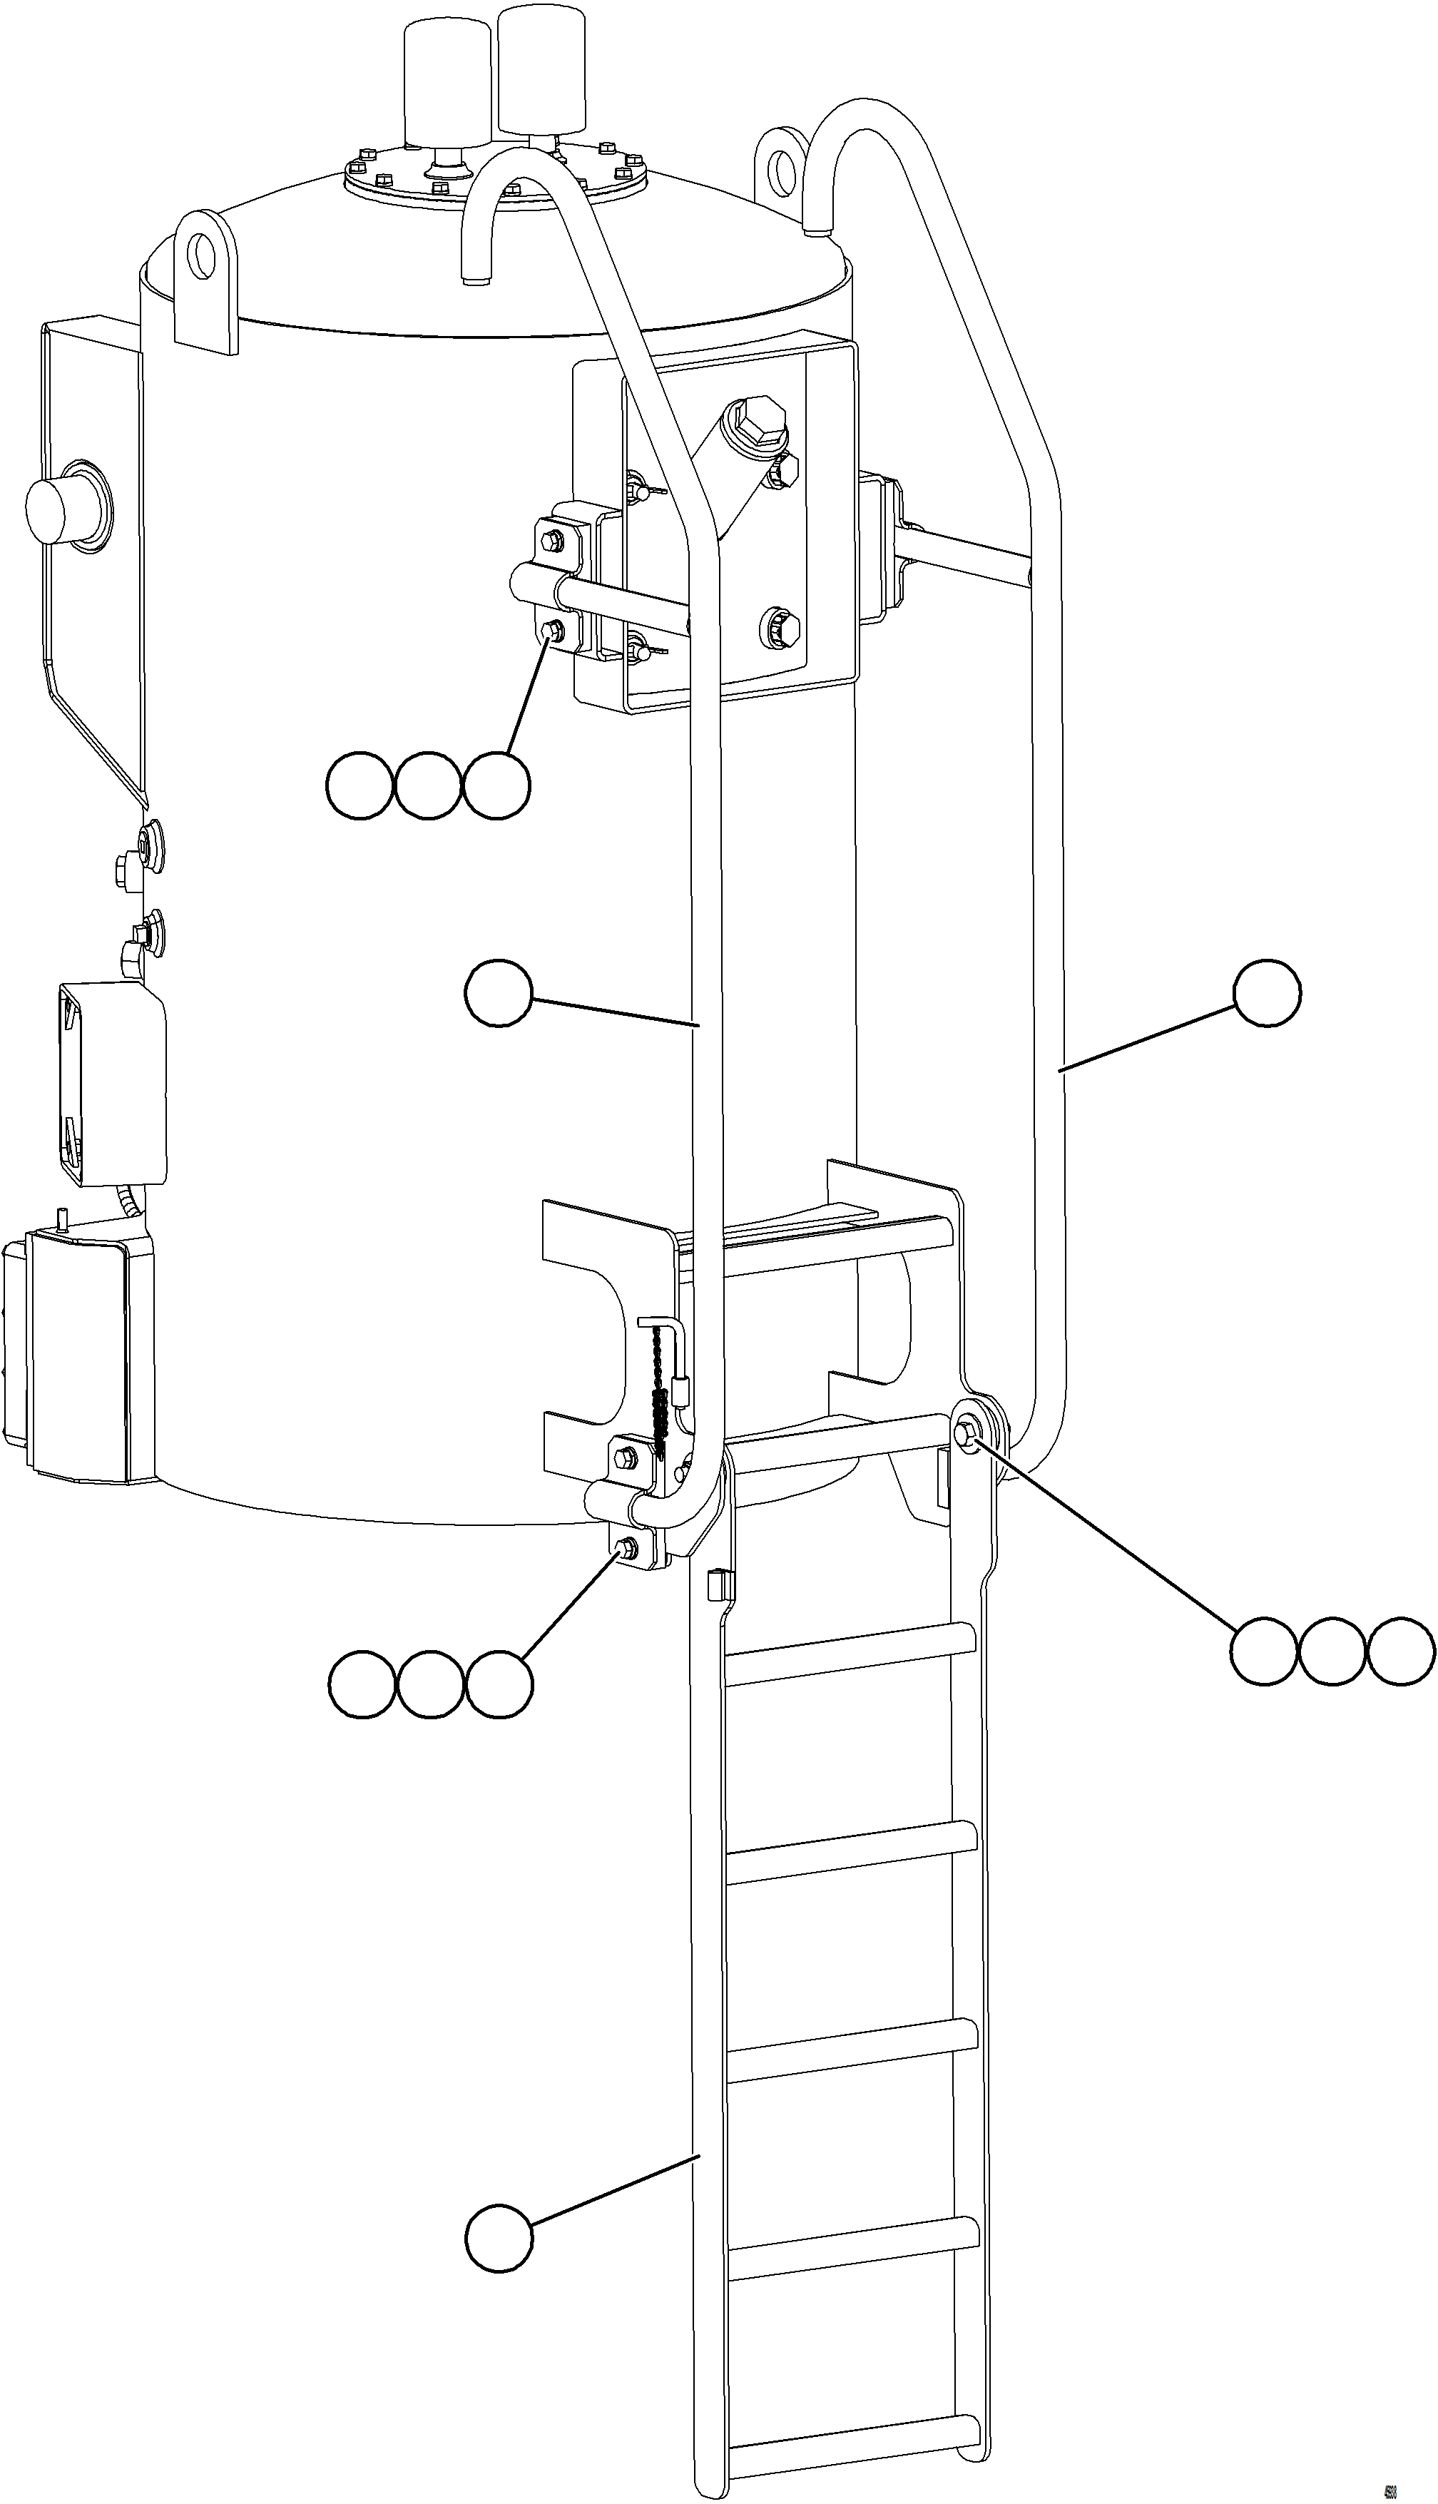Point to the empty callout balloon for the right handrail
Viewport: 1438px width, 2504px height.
[1267, 993]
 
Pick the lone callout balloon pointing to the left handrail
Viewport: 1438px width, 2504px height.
[499, 994]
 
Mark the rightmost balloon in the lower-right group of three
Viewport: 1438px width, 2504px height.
[1400, 1651]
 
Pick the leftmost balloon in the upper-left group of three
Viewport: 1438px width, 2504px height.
[359, 786]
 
